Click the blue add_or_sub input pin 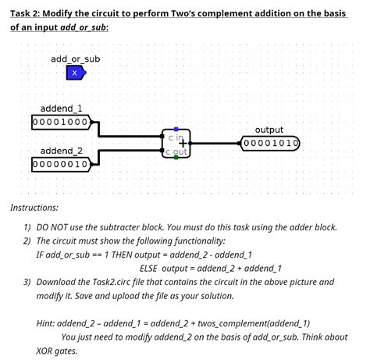coord(74,73)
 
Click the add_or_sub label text coord(75,59)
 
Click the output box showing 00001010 coord(270,144)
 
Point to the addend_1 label coord(62,109)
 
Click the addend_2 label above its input coord(61,151)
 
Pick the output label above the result coord(269,130)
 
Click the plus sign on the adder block coord(183,143)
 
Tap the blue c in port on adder coord(176,130)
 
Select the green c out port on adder coord(176,157)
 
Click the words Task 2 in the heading coord(27,10)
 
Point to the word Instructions coord(34,208)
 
